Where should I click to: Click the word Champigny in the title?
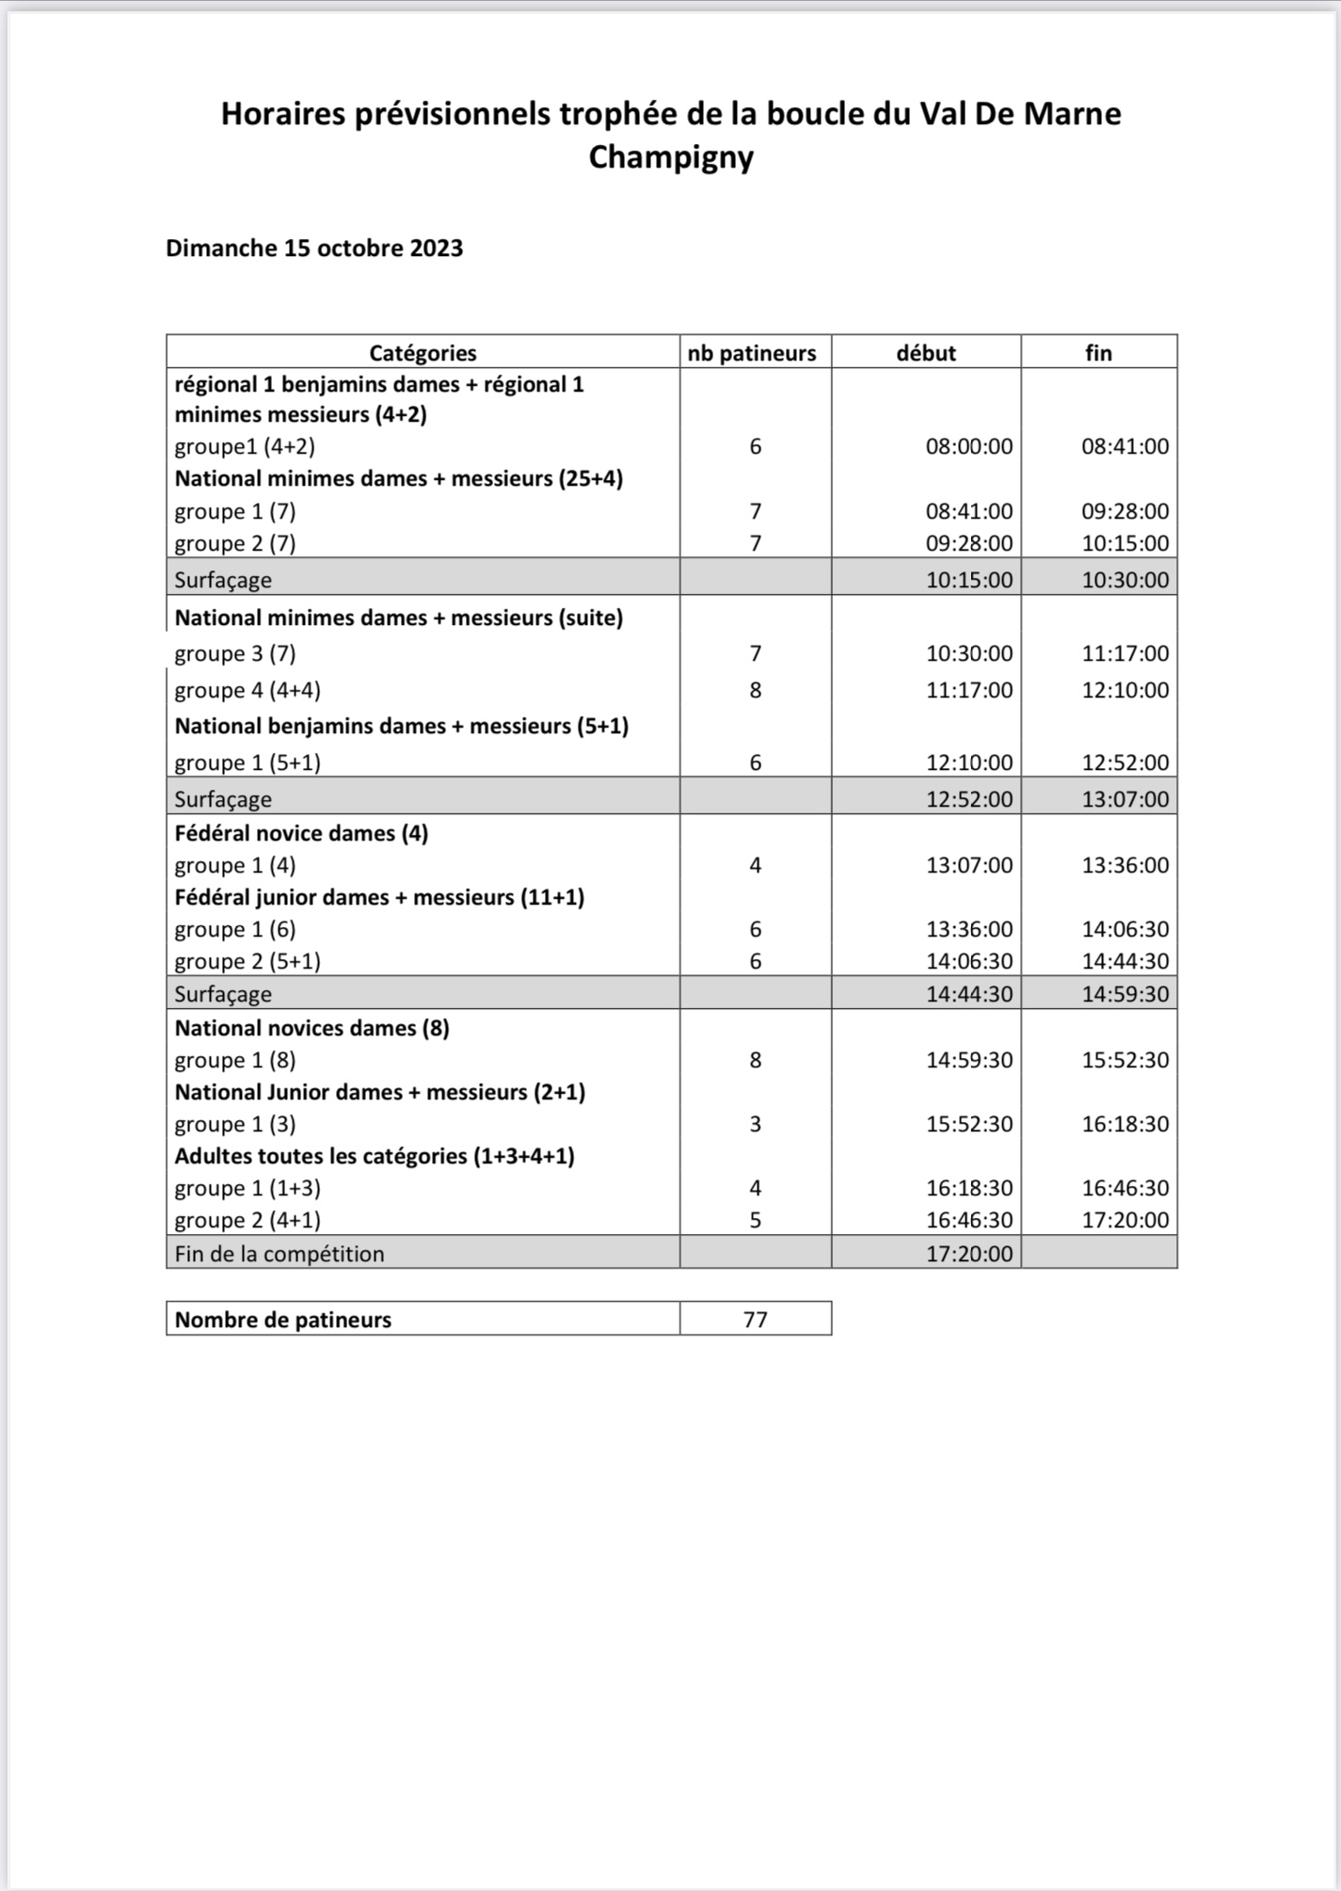coord(671,157)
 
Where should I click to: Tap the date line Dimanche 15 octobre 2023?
coord(314,248)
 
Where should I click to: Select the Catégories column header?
coord(423,353)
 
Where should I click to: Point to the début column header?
coord(926,353)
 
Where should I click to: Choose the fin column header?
coord(1098,353)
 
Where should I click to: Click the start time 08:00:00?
coord(969,446)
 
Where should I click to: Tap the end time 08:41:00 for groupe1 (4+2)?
coord(1125,446)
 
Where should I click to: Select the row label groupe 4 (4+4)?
coord(247,690)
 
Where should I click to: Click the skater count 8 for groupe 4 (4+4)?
coord(755,690)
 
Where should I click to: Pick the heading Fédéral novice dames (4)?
coord(301,833)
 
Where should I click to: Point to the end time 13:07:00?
coord(1125,799)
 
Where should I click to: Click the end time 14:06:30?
coord(1125,929)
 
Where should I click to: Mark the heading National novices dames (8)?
coord(311,1028)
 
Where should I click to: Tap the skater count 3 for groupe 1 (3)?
coord(755,1124)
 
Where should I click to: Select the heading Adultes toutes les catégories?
coord(375,1156)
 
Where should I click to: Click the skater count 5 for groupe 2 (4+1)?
coord(755,1220)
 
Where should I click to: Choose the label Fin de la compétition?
coord(279,1254)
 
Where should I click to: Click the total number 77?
coord(755,1320)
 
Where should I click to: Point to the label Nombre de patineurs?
coord(282,1320)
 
